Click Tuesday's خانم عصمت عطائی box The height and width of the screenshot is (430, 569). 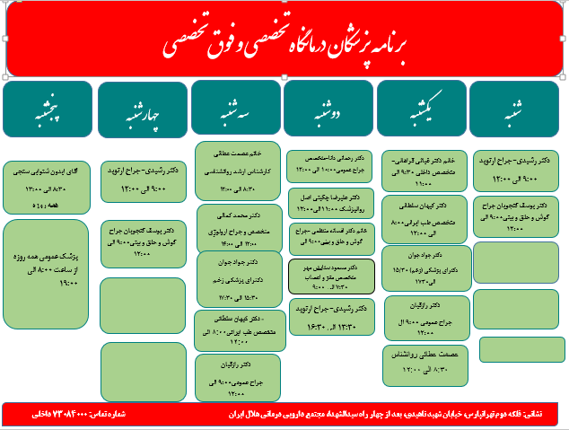[x=237, y=166]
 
